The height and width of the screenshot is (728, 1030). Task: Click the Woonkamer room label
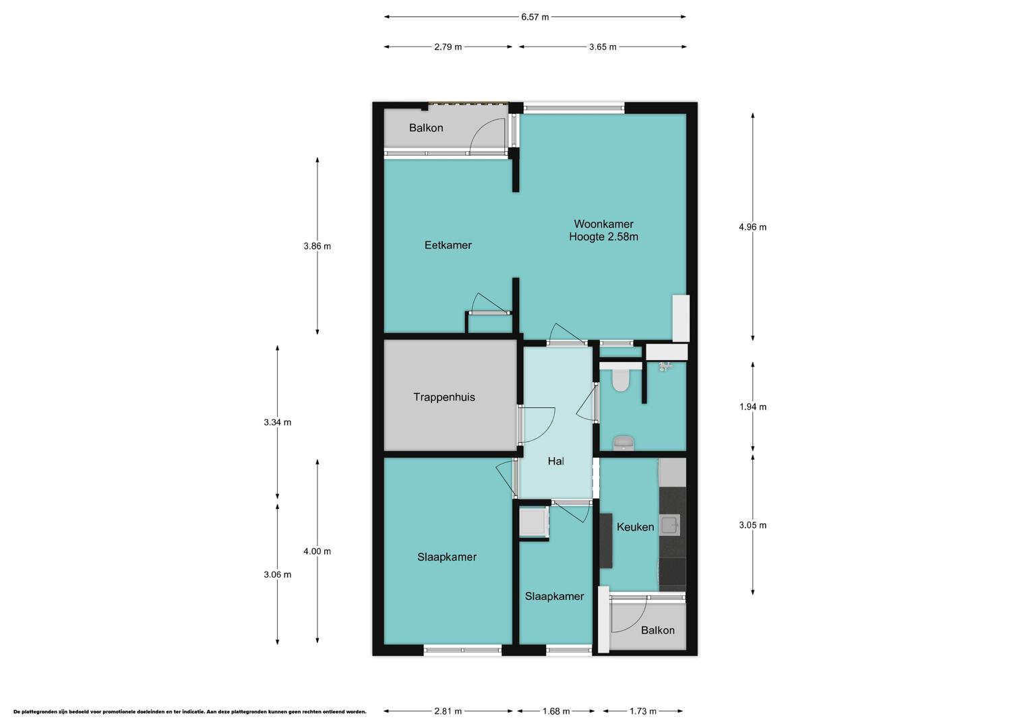pyautogui.click(x=603, y=224)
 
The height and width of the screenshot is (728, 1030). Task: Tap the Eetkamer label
pyautogui.click(x=448, y=245)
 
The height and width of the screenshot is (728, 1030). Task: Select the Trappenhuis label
pyautogui.click(x=444, y=397)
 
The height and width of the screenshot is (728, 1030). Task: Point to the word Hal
pyautogui.click(x=555, y=461)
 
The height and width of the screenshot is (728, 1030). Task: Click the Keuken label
pyautogui.click(x=635, y=527)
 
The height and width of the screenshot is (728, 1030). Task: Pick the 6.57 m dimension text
pyautogui.click(x=535, y=17)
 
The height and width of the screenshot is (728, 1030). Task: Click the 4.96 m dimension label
pyautogui.click(x=753, y=226)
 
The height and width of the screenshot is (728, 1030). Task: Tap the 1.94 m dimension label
pyautogui.click(x=753, y=406)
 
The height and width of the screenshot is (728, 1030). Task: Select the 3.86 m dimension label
pyautogui.click(x=317, y=246)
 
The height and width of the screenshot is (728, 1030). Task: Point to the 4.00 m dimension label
pyautogui.click(x=317, y=551)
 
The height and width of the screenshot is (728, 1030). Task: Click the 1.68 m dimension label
pyautogui.click(x=556, y=711)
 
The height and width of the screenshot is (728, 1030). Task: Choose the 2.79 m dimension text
pyautogui.click(x=448, y=47)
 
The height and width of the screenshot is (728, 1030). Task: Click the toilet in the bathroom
pyautogui.click(x=620, y=380)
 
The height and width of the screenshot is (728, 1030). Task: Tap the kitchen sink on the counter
pyautogui.click(x=669, y=525)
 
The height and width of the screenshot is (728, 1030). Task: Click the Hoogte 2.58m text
pyautogui.click(x=603, y=237)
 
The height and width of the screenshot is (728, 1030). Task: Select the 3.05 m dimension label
pyautogui.click(x=753, y=525)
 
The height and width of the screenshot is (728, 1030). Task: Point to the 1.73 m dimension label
pyautogui.click(x=643, y=711)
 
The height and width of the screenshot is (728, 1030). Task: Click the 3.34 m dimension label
pyautogui.click(x=277, y=422)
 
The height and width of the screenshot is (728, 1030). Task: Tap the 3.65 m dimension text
pyautogui.click(x=603, y=47)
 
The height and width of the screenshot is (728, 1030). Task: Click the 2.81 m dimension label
pyautogui.click(x=448, y=711)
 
